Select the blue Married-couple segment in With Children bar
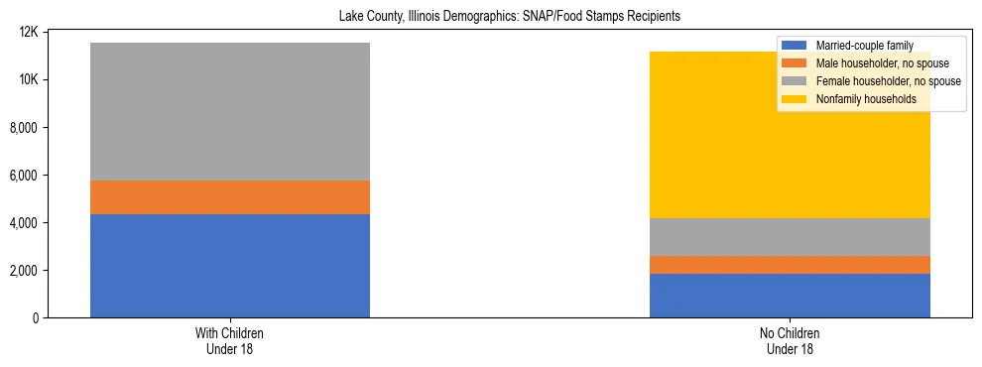coord(230,266)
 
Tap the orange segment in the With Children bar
coord(230,197)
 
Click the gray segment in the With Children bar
coord(230,111)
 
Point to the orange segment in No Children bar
coord(790,265)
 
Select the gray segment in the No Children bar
coord(790,237)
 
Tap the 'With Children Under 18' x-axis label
coord(230,341)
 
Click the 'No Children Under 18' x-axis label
coord(790,341)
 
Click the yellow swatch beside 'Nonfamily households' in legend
coord(795,99)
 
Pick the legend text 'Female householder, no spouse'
coord(887,81)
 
